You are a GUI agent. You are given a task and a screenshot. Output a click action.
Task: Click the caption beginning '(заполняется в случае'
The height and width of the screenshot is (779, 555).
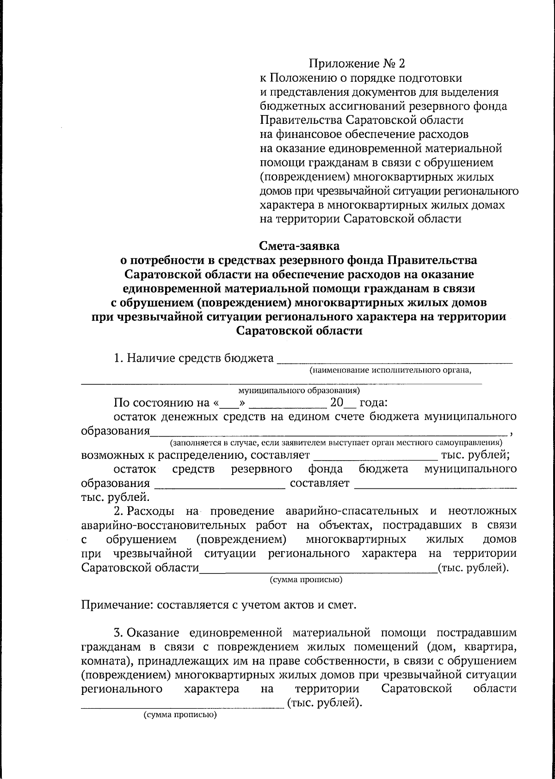(x=336, y=443)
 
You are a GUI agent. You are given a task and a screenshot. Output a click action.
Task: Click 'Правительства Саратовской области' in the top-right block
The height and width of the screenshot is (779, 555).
(x=361, y=120)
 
